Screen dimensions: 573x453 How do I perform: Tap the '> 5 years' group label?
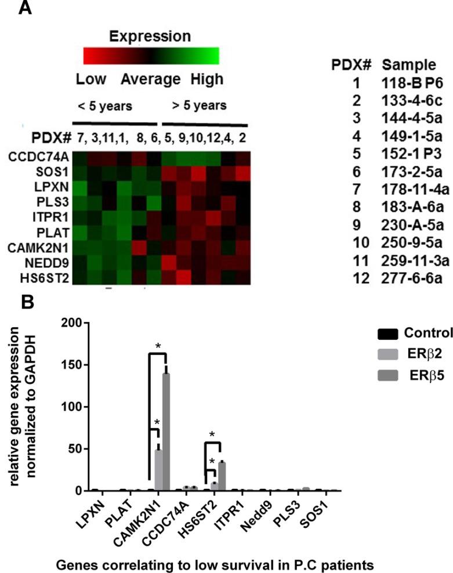click(199, 106)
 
